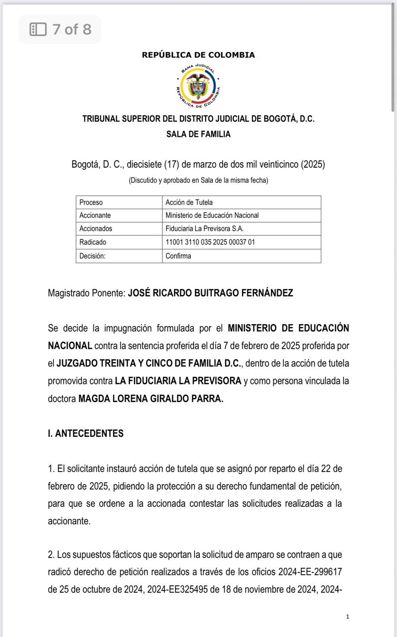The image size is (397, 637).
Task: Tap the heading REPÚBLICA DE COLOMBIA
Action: [198, 55]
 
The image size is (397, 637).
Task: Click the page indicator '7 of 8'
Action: [72, 29]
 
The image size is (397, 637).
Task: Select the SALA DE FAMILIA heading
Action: [198, 134]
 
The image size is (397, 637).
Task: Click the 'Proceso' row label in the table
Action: [91, 202]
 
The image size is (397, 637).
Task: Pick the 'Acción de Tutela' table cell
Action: [189, 202]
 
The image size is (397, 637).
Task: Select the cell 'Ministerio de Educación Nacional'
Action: [212, 215]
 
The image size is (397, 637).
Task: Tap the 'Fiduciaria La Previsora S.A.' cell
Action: [204, 229]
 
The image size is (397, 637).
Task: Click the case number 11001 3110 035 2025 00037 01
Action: [210, 242]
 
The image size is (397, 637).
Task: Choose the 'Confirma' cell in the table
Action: [178, 256]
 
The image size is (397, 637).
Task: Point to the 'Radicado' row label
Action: [93, 242]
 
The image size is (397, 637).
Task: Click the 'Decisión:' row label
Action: [92, 256]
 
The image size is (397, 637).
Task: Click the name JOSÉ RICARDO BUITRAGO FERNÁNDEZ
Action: [210, 293]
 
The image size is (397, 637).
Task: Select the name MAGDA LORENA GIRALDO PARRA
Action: [151, 399]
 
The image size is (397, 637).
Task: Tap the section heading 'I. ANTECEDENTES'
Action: [86, 434]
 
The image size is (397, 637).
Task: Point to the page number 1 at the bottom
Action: [348, 617]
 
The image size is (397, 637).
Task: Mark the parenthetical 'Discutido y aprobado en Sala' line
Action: [198, 180]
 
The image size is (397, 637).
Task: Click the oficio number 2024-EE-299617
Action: [310, 572]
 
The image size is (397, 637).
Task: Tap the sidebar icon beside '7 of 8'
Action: [38, 29]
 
